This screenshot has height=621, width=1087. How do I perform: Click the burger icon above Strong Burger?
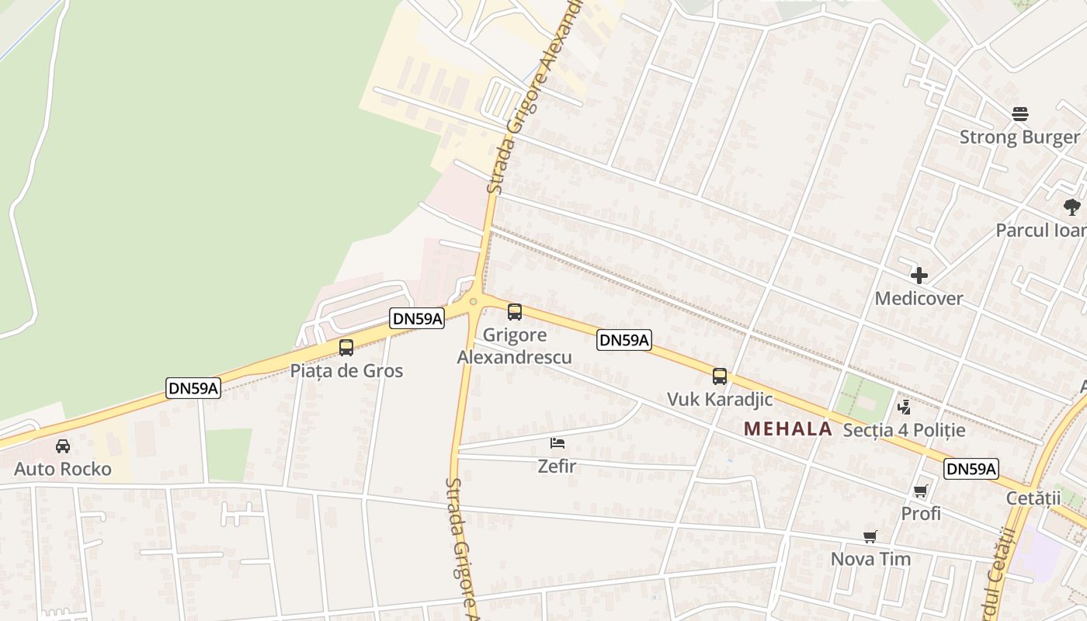1020,114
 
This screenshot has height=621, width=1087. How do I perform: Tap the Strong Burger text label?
1019,137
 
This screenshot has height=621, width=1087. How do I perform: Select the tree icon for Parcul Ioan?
1072,207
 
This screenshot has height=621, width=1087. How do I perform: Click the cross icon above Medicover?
919,276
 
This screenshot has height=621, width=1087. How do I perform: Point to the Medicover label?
919,298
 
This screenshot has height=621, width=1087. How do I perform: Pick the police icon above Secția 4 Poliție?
904,407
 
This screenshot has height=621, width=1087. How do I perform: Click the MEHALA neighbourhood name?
787,428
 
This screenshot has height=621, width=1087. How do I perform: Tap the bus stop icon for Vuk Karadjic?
720,376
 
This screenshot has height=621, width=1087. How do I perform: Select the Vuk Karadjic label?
720,399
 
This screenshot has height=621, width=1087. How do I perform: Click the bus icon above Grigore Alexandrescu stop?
514,312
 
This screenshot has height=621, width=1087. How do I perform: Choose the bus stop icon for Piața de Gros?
346,348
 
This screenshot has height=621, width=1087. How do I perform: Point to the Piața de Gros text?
346,370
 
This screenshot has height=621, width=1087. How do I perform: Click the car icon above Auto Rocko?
63,446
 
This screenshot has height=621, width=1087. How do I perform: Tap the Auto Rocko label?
63,469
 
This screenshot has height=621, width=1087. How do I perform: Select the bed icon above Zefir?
557,443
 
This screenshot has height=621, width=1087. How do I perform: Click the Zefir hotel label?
557,466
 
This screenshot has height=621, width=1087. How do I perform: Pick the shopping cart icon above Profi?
921,491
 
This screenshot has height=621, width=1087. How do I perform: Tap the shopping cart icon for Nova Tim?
870,536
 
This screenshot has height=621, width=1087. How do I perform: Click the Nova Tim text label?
870,559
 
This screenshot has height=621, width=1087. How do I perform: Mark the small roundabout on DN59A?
473,301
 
